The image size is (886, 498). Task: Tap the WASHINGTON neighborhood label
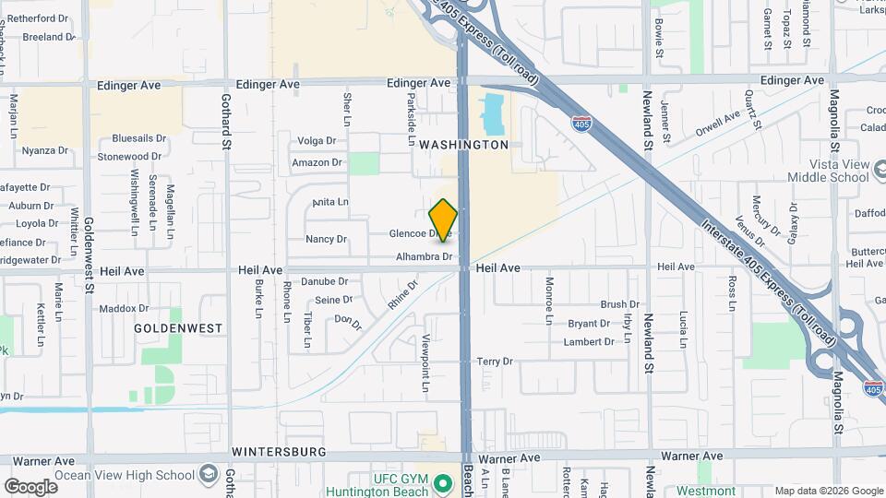(x=463, y=145)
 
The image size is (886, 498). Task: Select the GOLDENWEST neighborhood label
(x=178, y=327)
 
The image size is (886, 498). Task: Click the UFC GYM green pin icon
(x=443, y=482)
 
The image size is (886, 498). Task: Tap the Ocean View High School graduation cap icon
(x=209, y=476)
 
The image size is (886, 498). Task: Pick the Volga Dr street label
(x=317, y=141)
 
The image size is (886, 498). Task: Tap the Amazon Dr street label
(x=317, y=162)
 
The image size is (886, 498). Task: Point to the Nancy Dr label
(x=326, y=239)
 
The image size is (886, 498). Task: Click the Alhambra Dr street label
(x=423, y=256)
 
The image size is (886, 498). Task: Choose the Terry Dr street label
(x=495, y=362)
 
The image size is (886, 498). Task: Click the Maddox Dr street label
(x=124, y=308)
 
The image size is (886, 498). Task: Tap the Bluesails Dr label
(x=138, y=137)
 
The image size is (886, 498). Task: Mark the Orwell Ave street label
(x=719, y=123)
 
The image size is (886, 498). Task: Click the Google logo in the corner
(x=30, y=486)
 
